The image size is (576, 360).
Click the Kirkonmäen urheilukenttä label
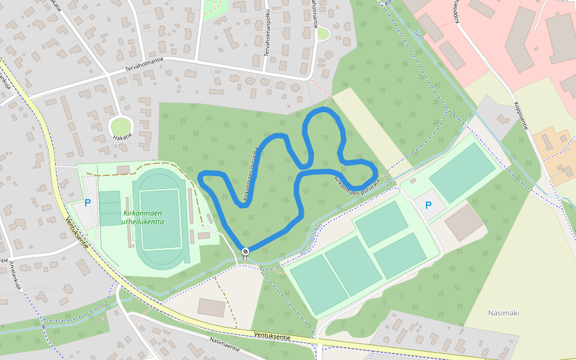[143, 217]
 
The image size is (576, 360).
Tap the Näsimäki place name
[503, 313]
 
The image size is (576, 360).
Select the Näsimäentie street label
[225, 344]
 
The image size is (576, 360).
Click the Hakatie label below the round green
[123, 137]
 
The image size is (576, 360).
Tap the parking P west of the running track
[88, 203]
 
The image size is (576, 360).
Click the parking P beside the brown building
[428, 205]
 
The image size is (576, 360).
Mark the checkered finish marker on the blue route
[245, 251]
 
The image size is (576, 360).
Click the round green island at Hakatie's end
[121, 126]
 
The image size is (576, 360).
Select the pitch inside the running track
[160, 219]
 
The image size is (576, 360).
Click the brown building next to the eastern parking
[464, 223]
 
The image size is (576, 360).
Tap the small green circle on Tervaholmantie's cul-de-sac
[323, 34]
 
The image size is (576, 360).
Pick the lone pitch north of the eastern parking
[463, 172]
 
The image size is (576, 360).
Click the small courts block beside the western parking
[110, 208]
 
